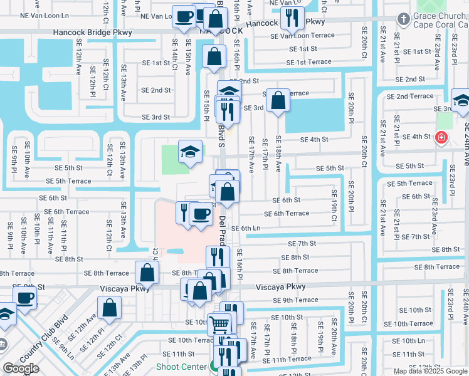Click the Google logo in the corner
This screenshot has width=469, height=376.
pos(21,368)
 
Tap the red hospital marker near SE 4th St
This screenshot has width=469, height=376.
pos(442,137)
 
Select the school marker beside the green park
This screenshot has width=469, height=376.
pos(190,152)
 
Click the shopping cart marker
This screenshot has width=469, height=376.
pos(219,325)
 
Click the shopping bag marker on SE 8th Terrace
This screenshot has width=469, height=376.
pos(147,273)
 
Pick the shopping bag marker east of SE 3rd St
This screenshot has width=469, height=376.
pos(277,100)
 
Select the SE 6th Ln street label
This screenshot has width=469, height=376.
pos(246,228)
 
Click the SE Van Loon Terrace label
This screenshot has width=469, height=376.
pos(302,36)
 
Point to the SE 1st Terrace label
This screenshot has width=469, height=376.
pos(308,62)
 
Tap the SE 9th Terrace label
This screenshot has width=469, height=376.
pos(295,300)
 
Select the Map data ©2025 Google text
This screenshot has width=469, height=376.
pos(429,371)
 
